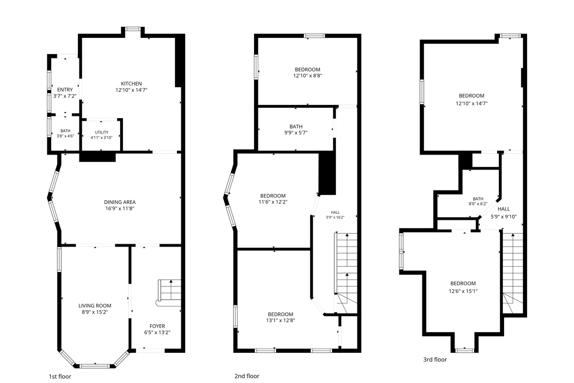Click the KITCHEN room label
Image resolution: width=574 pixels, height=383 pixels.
click(x=131, y=84)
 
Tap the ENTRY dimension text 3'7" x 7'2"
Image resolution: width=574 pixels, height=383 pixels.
click(x=65, y=96)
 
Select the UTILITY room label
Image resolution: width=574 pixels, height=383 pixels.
click(x=101, y=132)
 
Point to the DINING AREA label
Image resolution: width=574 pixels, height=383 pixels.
click(x=120, y=202)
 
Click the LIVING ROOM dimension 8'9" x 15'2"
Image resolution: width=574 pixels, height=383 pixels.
click(x=95, y=312)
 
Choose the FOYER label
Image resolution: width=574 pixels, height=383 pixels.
click(x=157, y=326)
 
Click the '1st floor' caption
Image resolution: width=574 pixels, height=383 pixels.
click(x=60, y=376)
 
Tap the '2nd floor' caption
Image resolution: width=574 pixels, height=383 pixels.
click(x=247, y=376)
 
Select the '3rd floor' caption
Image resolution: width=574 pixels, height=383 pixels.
click(x=435, y=360)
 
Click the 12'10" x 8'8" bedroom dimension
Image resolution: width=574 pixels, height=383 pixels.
click(x=308, y=76)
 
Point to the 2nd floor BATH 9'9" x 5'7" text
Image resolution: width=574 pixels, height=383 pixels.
click(x=296, y=130)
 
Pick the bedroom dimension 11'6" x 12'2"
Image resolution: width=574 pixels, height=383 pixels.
click(x=273, y=202)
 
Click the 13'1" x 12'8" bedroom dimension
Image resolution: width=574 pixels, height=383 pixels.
click(x=281, y=320)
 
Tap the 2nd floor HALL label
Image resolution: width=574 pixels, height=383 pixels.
click(x=335, y=213)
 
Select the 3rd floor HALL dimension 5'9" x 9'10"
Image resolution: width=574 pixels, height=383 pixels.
click(x=504, y=217)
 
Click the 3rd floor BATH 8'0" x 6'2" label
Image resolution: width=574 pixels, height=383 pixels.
click(x=478, y=202)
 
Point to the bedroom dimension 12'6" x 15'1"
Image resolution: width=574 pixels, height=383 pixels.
click(x=463, y=291)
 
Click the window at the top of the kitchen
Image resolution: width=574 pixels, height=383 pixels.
click(x=133, y=29)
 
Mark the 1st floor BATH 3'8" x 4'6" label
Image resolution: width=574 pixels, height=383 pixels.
click(x=66, y=134)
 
